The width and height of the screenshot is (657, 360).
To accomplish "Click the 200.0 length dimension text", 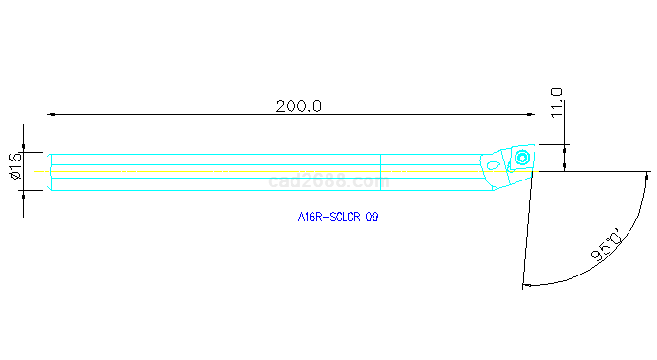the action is [299, 106].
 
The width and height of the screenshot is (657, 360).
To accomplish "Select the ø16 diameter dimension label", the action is [14, 166].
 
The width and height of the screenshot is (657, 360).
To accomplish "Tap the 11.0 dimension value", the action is [556, 104].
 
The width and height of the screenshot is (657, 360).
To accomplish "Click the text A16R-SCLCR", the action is [328, 218].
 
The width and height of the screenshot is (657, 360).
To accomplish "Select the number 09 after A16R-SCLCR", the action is [372, 218].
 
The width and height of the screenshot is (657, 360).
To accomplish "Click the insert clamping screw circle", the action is [522, 158].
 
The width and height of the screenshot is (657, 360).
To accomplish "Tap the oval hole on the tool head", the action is [494, 165].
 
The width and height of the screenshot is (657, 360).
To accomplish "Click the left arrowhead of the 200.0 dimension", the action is [50, 114].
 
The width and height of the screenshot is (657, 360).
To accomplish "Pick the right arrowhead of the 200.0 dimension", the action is [531, 114].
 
